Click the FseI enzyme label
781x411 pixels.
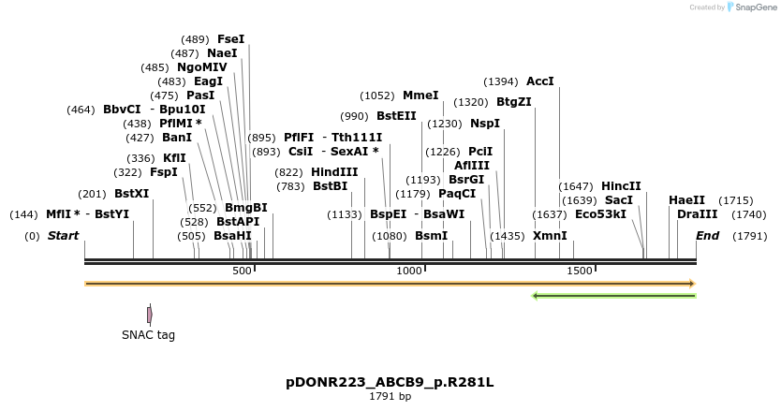(x=230, y=39)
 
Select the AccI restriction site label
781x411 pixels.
(x=540, y=81)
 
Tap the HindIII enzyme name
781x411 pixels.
(x=334, y=172)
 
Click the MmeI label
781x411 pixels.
(x=420, y=95)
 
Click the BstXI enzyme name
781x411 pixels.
(x=131, y=194)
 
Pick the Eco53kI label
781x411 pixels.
(x=600, y=214)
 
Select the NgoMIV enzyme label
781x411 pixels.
(x=201, y=67)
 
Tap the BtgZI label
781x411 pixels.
(x=513, y=102)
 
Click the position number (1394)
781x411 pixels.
(x=501, y=81)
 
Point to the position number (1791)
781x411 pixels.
(x=750, y=236)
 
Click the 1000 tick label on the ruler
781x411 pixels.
(x=409, y=271)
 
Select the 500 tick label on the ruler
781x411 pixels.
(x=242, y=271)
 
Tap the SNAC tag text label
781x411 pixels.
(x=148, y=335)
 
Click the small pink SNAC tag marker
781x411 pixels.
(x=149, y=315)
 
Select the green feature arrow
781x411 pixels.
(x=613, y=296)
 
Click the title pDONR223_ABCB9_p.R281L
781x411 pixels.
(x=390, y=383)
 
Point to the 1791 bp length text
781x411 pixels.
(x=390, y=397)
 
